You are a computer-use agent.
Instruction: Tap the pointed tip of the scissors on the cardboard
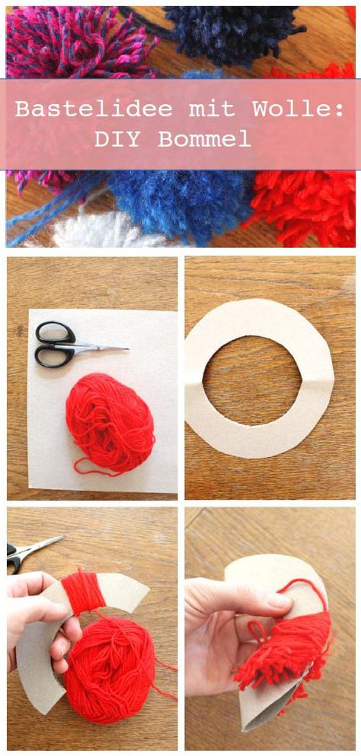[129, 348]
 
